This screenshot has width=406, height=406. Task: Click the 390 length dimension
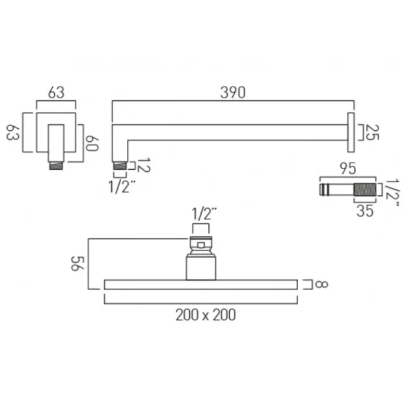(x=232, y=92)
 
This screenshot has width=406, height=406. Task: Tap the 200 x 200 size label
(x=206, y=315)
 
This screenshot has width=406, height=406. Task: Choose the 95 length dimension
(x=348, y=169)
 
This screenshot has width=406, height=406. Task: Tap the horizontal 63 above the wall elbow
(x=57, y=92)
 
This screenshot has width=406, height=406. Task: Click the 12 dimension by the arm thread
(x=143, y=166)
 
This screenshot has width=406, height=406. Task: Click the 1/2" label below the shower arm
(x=122, y=189)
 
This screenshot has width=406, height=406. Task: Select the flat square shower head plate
(x=200, y=284)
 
